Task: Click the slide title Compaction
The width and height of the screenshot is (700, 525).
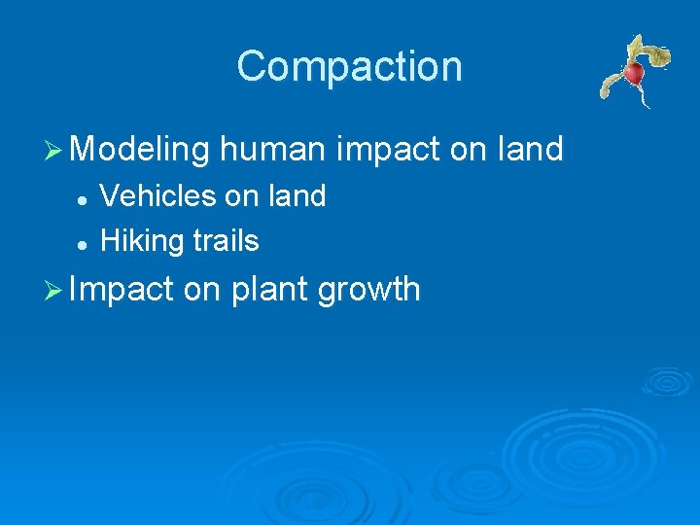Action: click(349, 66)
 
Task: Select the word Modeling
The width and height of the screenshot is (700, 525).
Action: click(140, 150)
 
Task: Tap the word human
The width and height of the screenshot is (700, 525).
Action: click(273, 150)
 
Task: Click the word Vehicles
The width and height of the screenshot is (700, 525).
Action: click(158, 196)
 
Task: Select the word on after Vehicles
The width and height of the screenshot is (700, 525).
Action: click(241, 196)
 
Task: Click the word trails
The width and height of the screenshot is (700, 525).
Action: click(225, 240)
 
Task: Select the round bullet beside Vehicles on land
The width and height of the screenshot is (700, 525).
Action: click(84, 198)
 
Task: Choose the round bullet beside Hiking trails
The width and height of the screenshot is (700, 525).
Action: click(84, 242)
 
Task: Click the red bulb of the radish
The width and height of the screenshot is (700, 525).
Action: click(634, 73)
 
